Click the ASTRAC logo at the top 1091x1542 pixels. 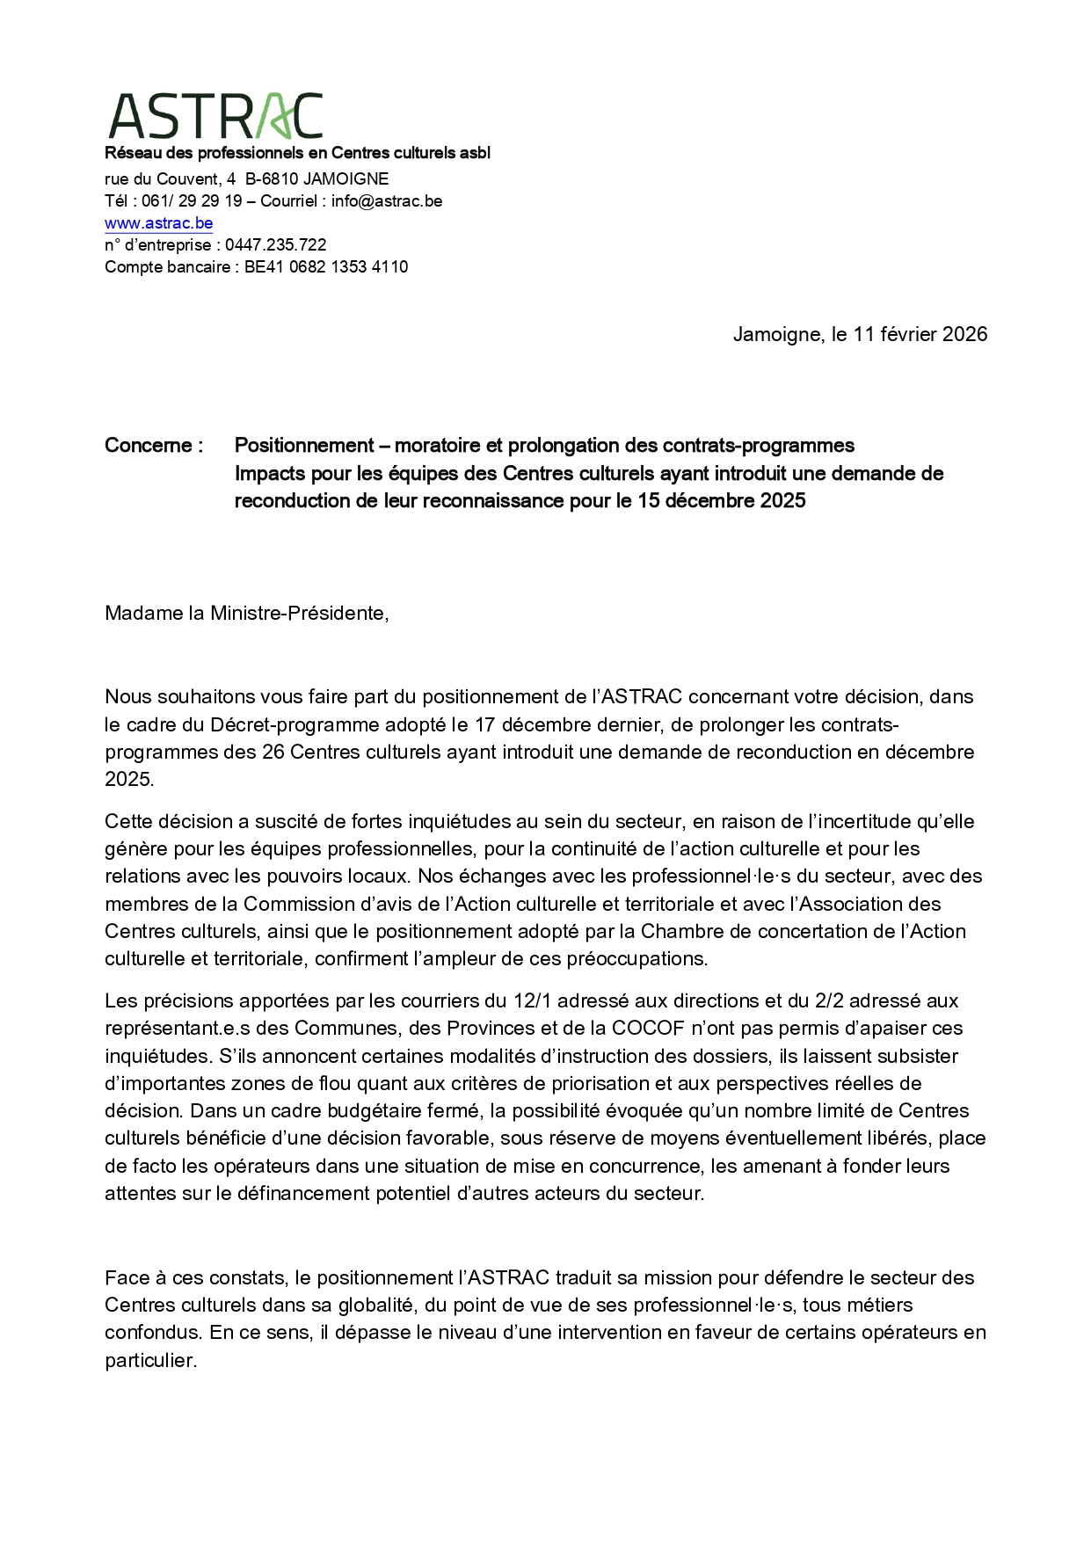[x=215, y=117]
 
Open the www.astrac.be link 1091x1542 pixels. [x=158, y=223]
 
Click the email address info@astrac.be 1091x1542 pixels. [x=386, y=201]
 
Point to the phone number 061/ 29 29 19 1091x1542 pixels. [x=192, y=201]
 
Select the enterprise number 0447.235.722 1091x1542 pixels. [x=275, y=245]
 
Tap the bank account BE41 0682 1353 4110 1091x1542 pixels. [x=325, y=267]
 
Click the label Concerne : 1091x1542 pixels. [x=154, y=446]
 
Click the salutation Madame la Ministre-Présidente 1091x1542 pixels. [x=246, y=613]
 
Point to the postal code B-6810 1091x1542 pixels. [x=272, y=179]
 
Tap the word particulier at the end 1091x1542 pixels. [x=149, y=1361]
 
